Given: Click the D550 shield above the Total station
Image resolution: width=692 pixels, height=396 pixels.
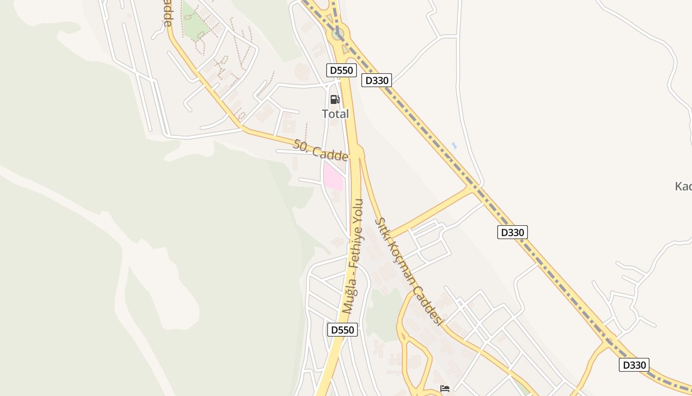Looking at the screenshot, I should coord(342,70).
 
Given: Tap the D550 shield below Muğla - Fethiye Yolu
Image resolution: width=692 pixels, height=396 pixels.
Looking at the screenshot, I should coord(342,330).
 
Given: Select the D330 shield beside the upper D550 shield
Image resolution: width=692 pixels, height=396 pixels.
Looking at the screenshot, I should coord(377,80).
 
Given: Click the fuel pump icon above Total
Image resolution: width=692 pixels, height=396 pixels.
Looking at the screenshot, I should coord(335,99).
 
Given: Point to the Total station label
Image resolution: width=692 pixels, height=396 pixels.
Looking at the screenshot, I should coord(335,114).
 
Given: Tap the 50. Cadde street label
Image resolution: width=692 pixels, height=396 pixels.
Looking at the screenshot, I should coord(320,150).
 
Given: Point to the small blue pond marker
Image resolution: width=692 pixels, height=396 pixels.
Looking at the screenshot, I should coord(454,146).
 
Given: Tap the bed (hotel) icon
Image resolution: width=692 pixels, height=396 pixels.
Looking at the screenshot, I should coord(445,389).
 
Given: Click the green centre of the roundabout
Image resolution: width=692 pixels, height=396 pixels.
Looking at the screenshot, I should coord(338,34).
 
